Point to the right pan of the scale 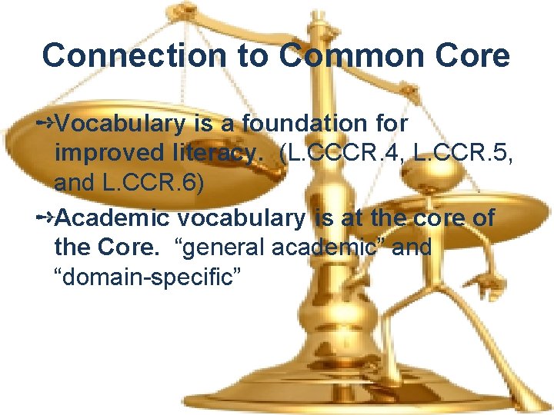[x=454, y=204]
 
